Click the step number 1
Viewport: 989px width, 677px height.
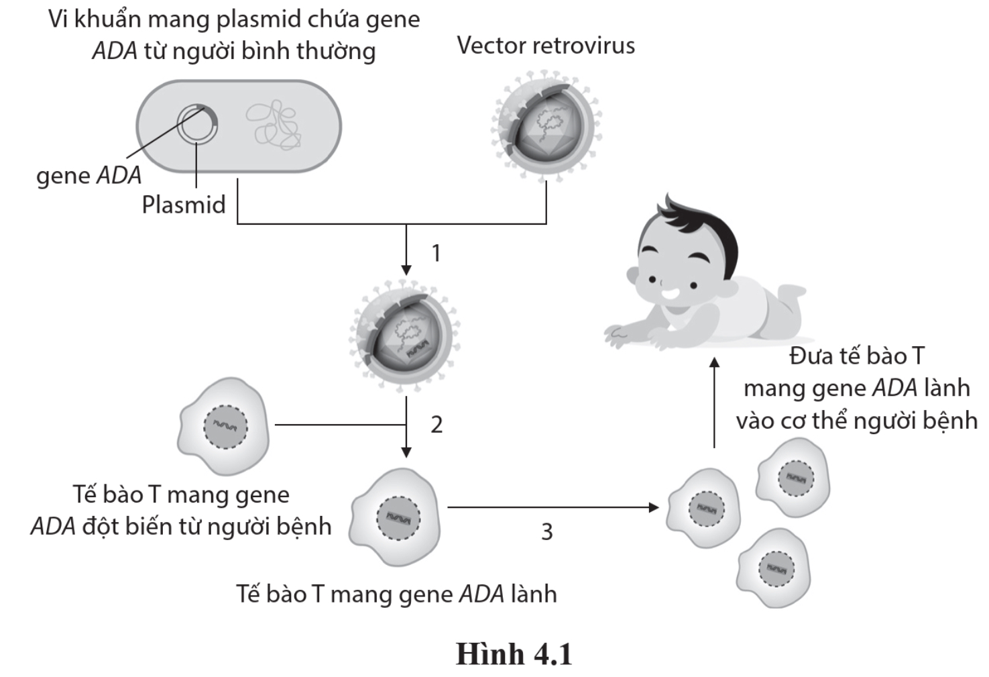click(437, 253)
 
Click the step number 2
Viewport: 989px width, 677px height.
click(437, 424)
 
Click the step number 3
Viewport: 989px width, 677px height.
click(547, 531)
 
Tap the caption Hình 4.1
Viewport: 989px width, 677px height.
click(514, 654)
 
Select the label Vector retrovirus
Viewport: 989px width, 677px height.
click(546, 46)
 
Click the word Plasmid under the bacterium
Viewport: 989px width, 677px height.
click(184, 205)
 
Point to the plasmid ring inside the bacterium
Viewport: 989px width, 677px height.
click(196, 125)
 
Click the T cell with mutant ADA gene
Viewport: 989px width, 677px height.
click(224, 425)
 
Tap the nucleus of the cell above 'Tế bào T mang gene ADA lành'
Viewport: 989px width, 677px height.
click(398, 519)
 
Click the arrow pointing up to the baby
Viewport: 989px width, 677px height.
click(715, 403)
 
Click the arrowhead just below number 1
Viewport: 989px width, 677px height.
click(406, 270)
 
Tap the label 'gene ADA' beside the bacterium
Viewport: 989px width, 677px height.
click(89, 175)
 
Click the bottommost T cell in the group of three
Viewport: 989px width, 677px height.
click(774, 568)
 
